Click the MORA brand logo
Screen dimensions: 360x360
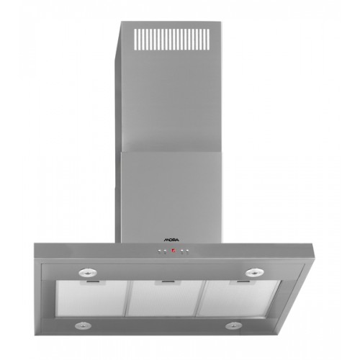[x=171, y=240]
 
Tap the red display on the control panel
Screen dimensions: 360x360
[x=174, y=251]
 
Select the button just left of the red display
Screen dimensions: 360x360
[x=165, y=251]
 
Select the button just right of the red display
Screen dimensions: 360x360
[x=182, y=251]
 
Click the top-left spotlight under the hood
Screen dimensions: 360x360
[x=88, y=272]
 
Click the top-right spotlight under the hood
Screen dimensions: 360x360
[x=254, y=272]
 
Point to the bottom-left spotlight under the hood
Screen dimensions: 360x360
[x=83, y=325]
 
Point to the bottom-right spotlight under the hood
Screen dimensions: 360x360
[x=233, y=325]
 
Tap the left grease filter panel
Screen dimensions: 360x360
[x=92, y=298]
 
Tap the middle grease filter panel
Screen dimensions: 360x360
[x=166, y=298]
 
